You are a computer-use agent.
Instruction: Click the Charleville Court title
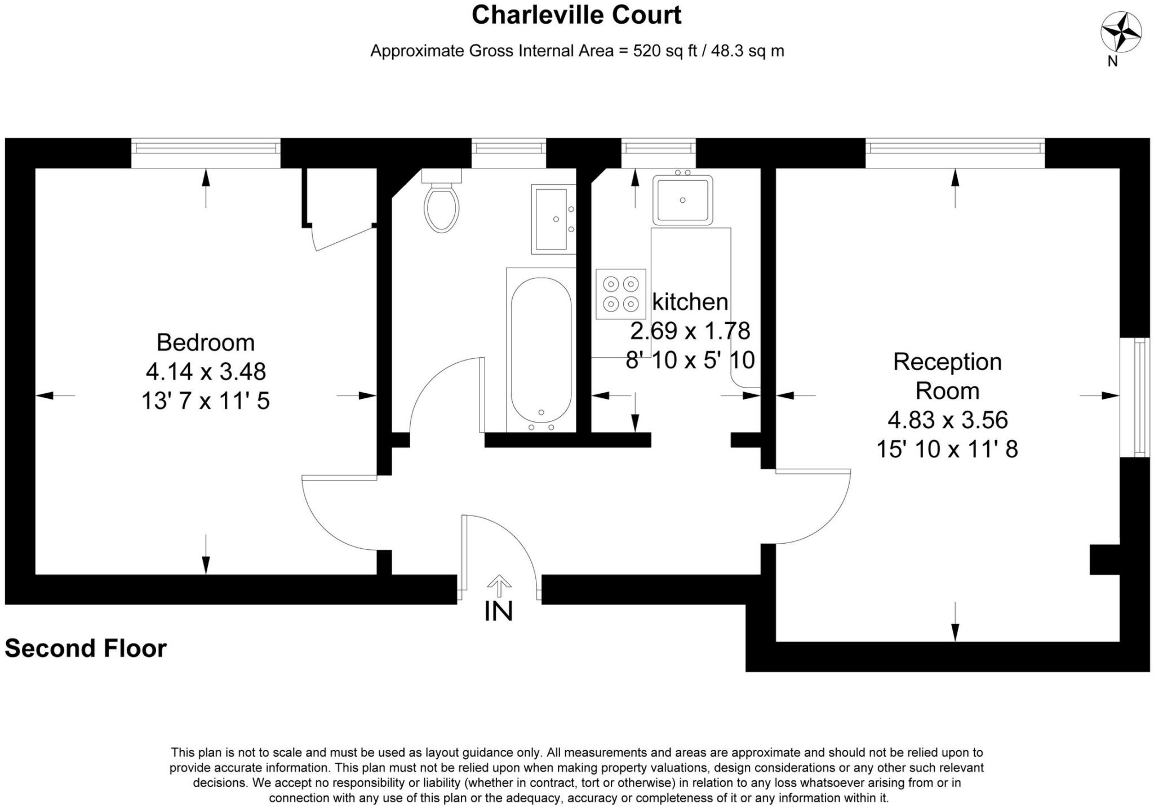coord(576,15)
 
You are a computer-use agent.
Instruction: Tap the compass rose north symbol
coord(1121,33)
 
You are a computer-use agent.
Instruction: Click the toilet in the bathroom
coord(442,201)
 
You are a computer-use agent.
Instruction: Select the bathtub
coord(541,350)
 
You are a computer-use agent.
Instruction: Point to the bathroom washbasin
coord(553,219)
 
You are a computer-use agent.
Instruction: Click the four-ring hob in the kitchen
coord(621,294)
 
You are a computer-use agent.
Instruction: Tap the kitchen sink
coord(683,199)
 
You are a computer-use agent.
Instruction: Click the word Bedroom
coord(206,343)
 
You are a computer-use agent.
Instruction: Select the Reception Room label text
coord(948,376)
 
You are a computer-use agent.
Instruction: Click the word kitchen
coord(690,302)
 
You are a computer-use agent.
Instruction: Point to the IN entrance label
coord(499,611)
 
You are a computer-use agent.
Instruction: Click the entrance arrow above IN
coord(499,586)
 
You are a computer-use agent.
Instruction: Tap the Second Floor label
coord(86,648)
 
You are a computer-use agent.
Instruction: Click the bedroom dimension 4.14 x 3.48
coord(206,372)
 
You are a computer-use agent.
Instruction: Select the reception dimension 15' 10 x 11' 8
coord(947,450)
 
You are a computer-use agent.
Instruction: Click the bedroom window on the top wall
coord(206,153)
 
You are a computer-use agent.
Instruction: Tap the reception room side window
coord(1134,397)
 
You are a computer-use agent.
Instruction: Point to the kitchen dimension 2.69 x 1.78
coord(690,331)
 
